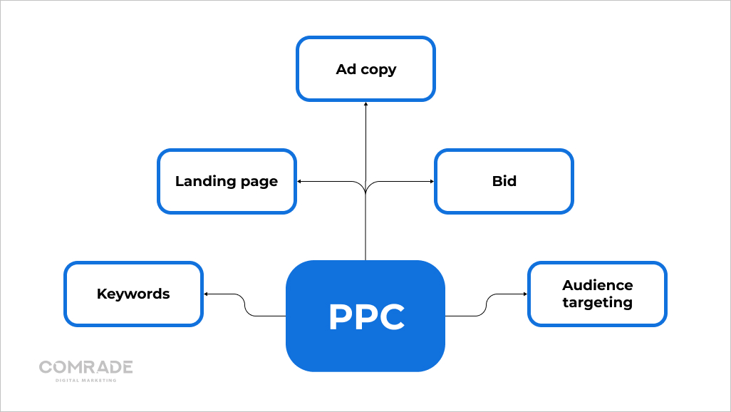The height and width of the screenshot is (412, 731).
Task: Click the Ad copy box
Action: (x=365, y=69)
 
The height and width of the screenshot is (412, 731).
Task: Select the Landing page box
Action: (x=227, y=181)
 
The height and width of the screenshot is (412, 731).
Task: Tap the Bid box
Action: (x=504, y=181)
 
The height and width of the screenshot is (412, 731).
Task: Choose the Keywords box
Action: (x=133, y=294)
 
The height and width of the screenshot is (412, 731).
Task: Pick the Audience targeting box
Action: (x=597, y=294)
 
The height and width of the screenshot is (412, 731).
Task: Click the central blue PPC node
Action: (x=365, y=316)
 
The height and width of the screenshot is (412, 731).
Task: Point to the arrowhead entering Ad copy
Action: (x=365, y=104)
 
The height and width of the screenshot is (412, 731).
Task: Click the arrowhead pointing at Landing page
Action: (x=300, y=181)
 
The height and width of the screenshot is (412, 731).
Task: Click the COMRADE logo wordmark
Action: (x=86, y=367)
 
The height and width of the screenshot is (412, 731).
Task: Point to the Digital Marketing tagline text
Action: (x=86, y=380)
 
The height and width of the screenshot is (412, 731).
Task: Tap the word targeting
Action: (x=597, y=302)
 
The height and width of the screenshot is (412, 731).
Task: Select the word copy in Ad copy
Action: (x=378, y=70)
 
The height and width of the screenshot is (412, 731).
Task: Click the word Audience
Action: (x=597, y=285)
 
